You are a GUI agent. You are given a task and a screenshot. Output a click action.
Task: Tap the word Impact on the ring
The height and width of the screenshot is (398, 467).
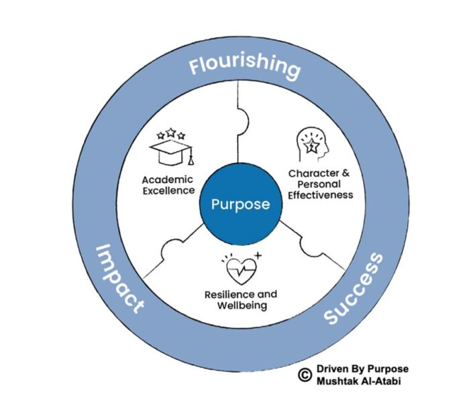point(119,279)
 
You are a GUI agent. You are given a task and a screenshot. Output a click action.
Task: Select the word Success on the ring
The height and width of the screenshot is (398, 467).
point(354,287)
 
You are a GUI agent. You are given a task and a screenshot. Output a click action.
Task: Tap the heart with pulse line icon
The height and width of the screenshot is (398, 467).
point(240,270)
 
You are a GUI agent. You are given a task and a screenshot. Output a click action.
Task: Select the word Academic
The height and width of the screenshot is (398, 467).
point(168,180)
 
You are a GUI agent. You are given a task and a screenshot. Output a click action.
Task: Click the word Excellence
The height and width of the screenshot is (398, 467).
point(168,190)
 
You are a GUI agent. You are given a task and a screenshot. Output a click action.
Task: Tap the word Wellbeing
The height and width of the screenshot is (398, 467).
point(241,306)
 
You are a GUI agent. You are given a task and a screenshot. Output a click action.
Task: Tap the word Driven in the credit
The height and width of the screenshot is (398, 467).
point(331,369)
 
